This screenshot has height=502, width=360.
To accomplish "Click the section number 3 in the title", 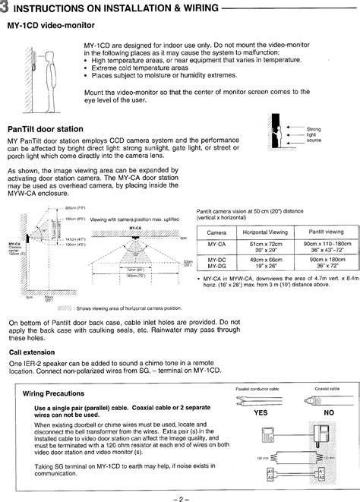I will pos(5,8).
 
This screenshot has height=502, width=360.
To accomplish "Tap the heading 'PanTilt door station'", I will pos(45,129).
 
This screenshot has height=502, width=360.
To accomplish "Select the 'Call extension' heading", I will pos(31,352).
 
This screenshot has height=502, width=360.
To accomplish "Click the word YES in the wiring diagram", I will pos(261,413).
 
